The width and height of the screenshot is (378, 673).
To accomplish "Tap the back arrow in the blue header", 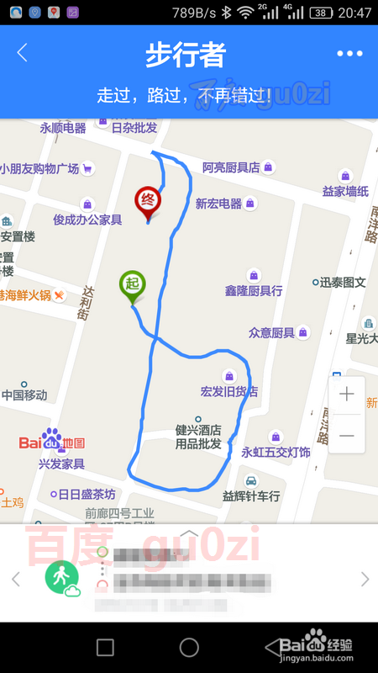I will click(x=23, y=53).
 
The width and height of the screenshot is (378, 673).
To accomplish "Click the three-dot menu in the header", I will click(x=349, y=53).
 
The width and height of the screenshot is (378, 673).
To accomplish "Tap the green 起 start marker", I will click(x=132, y=284).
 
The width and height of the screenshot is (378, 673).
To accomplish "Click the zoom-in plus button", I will click(x=346, y=394).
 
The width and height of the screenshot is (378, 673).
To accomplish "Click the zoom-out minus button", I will click(x=346, y=435).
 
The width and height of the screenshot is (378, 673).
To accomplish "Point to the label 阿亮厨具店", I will click(x=231, y=167).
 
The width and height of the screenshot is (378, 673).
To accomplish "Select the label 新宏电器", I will click(x=218, y=204).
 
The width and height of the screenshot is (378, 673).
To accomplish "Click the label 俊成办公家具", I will click(x=87, y=220).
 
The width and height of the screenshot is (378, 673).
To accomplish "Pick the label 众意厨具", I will click(x=271, y=332).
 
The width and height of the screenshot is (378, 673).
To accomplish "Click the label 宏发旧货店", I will click(x=229, y=391).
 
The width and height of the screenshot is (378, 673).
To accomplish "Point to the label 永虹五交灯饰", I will click(x=276, y=452).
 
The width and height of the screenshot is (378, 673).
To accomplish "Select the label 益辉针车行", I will click(x=250, y=496).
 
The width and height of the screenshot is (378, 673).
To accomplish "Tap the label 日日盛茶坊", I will click(x=86, y=494).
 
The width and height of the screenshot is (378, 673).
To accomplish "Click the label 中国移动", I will click(x=24, y=395).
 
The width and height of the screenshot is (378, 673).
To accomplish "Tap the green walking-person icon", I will click(x=60, y=579).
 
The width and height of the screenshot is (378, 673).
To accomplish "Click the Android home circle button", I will click(x=189, y=647).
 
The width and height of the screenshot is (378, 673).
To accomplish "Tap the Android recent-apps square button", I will click(x=105, y=647).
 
